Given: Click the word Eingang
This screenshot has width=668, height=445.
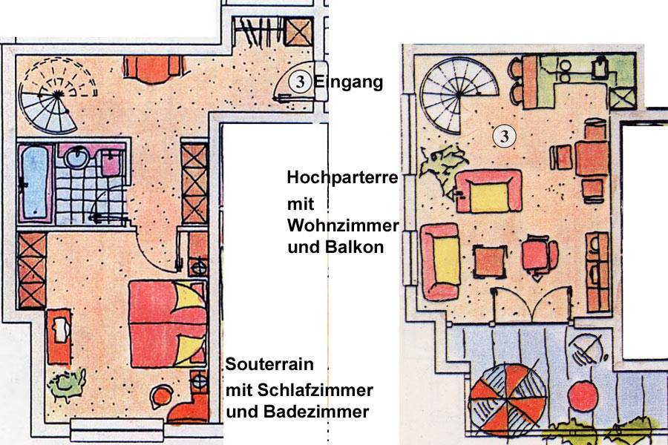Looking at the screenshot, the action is pyautogui.click(x=349, y=82).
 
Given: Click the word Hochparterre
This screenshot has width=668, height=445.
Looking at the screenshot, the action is pyautogui.click(x=342, y=177).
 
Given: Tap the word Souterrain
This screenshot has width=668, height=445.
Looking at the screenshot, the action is pyautogui.click(x=269, y=364).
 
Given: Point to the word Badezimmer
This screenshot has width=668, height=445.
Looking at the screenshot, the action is pyautogui.click(x=316, y=412).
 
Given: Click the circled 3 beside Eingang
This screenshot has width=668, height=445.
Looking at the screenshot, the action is pyautogui.click(x=300, y=82).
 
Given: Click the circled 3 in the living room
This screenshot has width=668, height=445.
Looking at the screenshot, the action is pyautogui.click(x=505, y=136).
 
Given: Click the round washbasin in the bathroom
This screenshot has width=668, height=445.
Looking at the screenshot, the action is pyautogui.click(x=76, y=156).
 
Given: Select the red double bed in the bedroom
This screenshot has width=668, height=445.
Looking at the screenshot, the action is pyautogui.click(x=168, y=323).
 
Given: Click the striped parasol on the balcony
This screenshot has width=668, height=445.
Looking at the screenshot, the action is pyautogui.click(x=508, y=400).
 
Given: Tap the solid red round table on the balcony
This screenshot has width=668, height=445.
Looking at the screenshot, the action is pyautogui.click(x=583, y=396).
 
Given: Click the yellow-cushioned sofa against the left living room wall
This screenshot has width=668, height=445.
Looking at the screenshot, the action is pyautogui.click(x=440, y=261).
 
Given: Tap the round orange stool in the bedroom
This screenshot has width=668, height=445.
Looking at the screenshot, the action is pyautogui.click(x=162, y=397).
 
